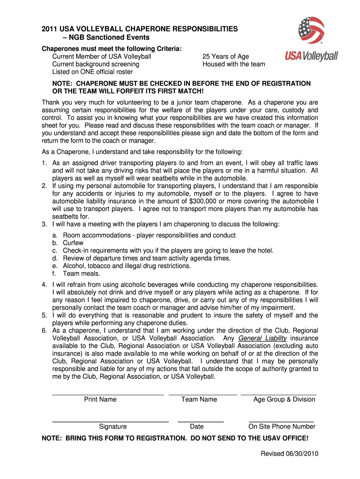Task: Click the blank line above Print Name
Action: coord(108,395)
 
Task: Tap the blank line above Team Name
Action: coord(202,395)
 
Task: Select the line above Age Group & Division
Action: coord(279,395)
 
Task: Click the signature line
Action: coord(110,422)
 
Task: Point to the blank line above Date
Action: coord(201,422)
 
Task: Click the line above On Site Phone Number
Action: coord(281,422)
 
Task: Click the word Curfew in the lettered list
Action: coord(73,243)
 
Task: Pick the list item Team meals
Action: coord(81,274)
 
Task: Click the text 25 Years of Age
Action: coord(225,57)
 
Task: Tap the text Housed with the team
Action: coord(233,64)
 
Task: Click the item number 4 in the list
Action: coord(44,284)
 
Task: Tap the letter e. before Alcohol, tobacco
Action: coord(55,266)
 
